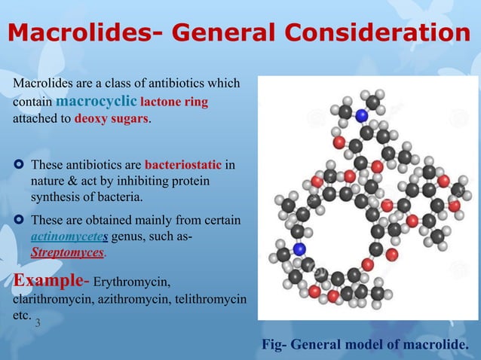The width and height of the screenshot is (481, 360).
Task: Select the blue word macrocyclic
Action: click(96, 100)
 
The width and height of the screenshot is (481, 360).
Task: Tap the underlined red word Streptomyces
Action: click(66, 253)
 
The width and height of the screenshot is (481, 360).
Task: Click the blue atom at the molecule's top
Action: click(362, 116)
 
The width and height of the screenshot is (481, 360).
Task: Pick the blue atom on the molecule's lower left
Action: click(299, 249)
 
